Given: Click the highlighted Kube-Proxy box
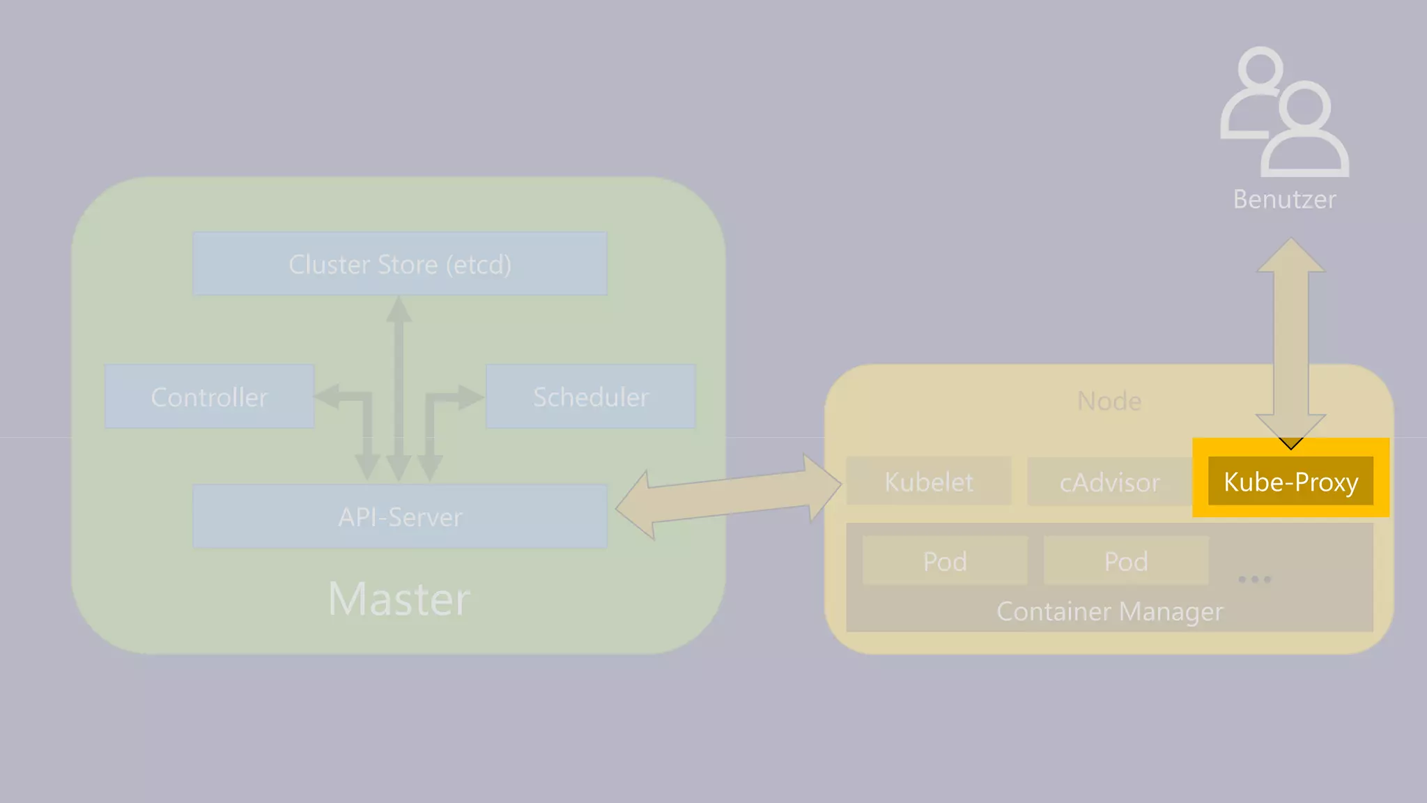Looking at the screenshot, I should click(x=1290, y=481).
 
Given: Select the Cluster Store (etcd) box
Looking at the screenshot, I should click(x=399, y=264).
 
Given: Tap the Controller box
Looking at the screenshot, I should click(x=209, y=397).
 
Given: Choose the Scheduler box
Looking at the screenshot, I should click(x=590, y=397).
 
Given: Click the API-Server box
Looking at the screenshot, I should click(x=399, y=517).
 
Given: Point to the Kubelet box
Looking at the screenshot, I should click(x=928, y=481).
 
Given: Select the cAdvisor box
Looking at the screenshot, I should click(x=1109, y=481).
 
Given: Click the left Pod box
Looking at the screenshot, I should click(x=944, y=560).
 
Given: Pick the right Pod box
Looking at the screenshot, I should click(x=1125, y=560).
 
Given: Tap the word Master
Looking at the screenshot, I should click(x=399, y=599).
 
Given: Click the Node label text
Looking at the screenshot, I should click(x=1109, y=401).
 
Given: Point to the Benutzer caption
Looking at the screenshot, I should click(x=1284, y=199).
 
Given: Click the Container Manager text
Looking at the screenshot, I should click(x=1109, y=611).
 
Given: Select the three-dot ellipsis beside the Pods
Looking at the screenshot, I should click(x=1254, y=579).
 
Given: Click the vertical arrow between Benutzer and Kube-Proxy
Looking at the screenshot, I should click(x=1290, y=342).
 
